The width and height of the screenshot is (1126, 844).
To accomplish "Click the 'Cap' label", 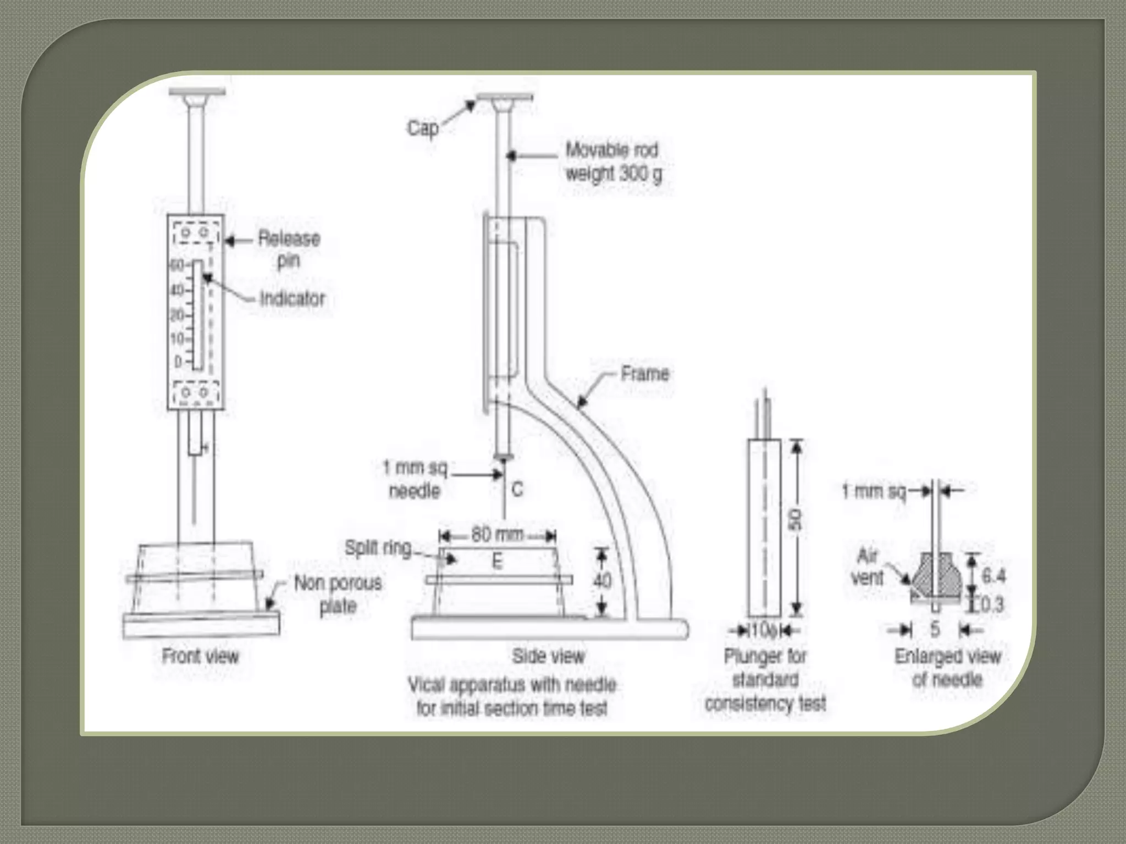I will pyautogui.click(x=422, y=129).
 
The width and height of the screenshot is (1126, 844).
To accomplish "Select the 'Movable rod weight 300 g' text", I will pyautogui.click(x=613, y=162).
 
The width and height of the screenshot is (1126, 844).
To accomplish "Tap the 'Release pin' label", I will pyautogui.click(x=289, y=249).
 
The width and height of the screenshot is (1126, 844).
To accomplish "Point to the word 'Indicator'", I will pyautogui.click(x=292, y=299).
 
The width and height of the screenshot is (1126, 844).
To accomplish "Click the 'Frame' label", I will pyautogui.click(x=644, y=374).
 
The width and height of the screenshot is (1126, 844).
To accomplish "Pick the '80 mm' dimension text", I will pyautogui.click(x=496, y=535).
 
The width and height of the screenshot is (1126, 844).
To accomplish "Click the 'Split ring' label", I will pyautogui.click(x=378, y=548).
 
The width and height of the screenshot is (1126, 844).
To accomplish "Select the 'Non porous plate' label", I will pyautogui.click(x=338, y=595).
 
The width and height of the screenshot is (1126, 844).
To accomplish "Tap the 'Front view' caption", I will pyautogui.click(x=200, y=656).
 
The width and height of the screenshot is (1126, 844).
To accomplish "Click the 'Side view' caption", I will pyautogui.click(x=548, y=656).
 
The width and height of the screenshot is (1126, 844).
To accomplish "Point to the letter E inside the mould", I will pyautogui.click(x=497, y=562).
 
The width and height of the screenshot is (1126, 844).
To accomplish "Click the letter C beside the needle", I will pyautogui.click(x=517, y=489).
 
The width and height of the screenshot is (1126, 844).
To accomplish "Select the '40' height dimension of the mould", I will pyautogui.click(x=602, y=581).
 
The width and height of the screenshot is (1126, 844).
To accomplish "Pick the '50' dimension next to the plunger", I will pyautogui.click(x=796, y=520).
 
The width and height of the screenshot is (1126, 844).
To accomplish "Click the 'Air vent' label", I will pyautogui.click(x=867, y=567).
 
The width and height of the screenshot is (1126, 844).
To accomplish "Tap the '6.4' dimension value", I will pyautogui.click(x=993, y=576).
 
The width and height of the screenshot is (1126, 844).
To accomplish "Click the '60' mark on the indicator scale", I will pyautogui.click(x=176, y=265).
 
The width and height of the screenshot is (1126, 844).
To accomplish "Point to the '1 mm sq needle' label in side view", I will pyautogui.click(x=415, y=479).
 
